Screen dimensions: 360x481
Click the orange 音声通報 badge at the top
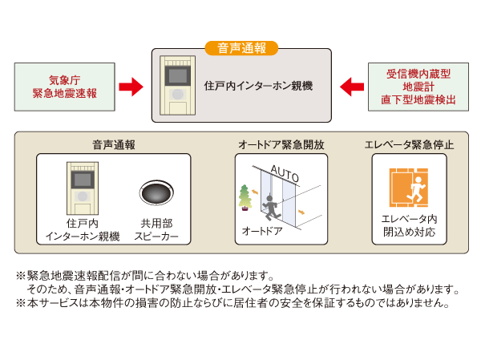[241, 48]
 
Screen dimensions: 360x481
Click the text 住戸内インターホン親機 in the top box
[258, 85]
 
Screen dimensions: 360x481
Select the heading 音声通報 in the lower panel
[113, 145]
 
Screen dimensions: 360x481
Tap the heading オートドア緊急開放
[281, 145]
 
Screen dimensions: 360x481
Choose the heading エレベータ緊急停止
[409, 145]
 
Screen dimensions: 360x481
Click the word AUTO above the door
[285, 172]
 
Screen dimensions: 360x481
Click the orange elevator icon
[409, 188]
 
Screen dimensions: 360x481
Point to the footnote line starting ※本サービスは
[232, 304]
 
